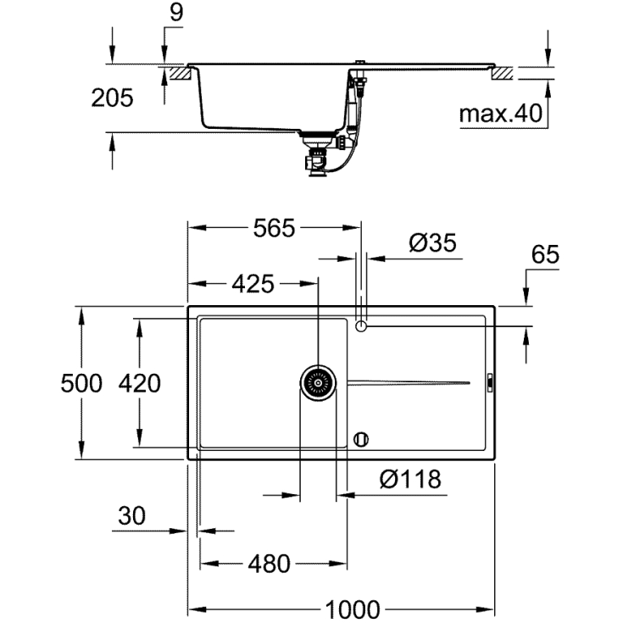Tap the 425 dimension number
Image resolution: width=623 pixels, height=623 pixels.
[253, 284]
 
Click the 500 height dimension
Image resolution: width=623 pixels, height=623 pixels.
[81, 383]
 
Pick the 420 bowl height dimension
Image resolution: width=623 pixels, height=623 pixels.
[139, 383]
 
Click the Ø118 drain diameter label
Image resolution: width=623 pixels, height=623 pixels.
[410, 480]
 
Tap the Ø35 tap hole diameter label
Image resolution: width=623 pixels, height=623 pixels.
[432, 243]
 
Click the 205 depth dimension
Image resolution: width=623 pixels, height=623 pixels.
[112, 97]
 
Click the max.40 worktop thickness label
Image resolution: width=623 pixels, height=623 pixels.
[500, 114]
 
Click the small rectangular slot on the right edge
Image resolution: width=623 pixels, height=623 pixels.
[489, 383]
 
